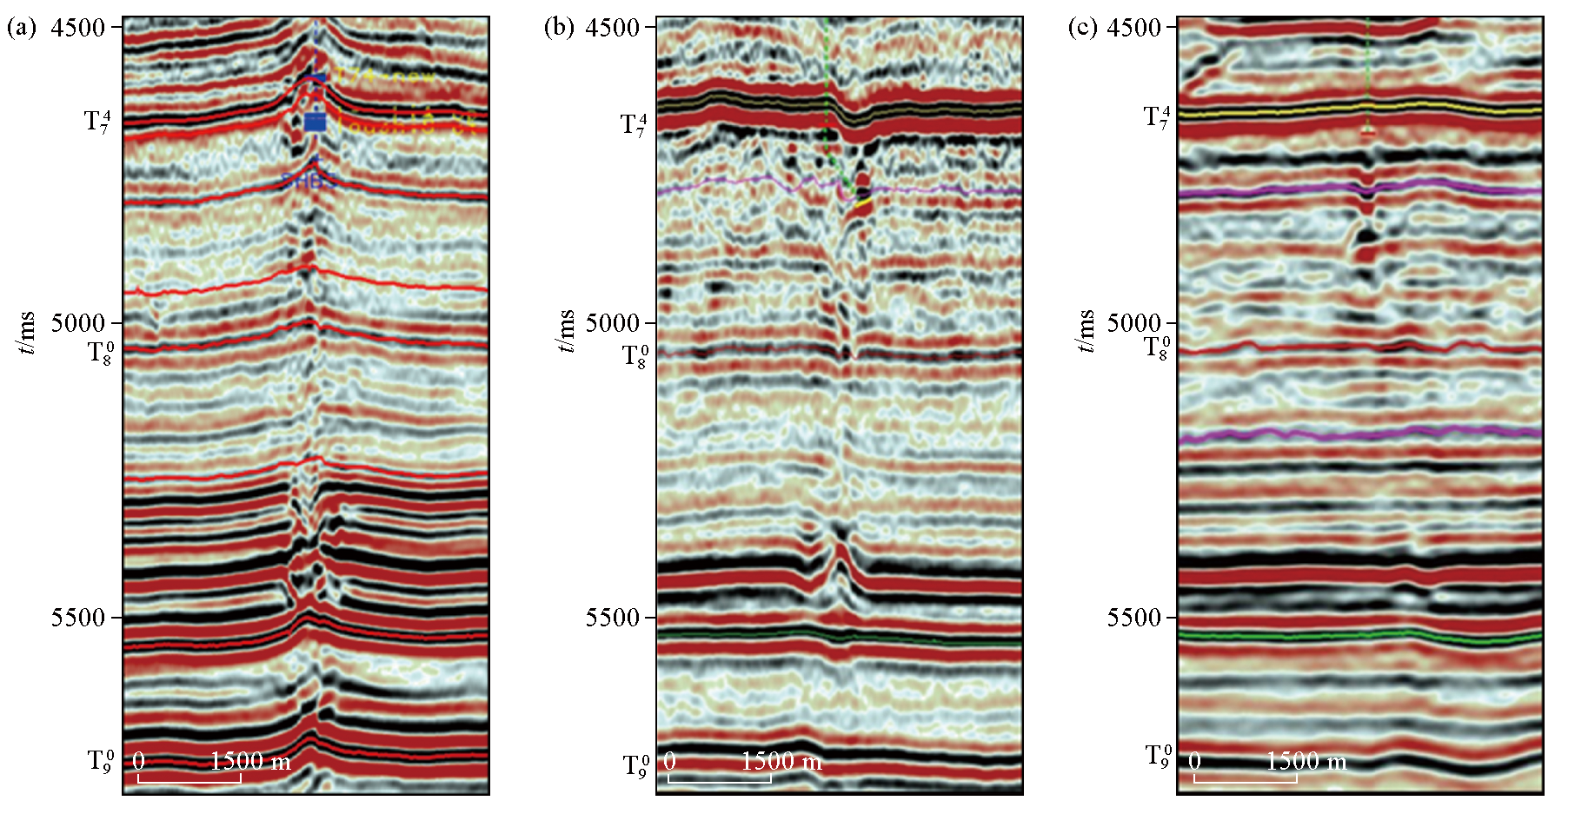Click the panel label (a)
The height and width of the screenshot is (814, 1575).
coord(22,28)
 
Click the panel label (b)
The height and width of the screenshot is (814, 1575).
coord(559,28)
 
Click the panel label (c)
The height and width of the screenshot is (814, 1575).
coord(1083,28)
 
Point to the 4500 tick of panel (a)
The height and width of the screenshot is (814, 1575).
coord(77,28)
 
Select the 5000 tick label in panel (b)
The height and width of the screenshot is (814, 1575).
coord(613,323)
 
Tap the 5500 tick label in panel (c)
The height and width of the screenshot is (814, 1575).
coord(1134,618)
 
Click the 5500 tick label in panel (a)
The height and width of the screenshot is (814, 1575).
coord(77,618)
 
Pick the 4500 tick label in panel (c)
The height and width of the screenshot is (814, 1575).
coord(1134,28)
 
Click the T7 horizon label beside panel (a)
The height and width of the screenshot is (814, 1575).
coord(97,122)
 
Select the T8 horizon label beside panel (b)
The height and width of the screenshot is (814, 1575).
coord(635,355)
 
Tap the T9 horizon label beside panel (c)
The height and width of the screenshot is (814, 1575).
coord(1158,756)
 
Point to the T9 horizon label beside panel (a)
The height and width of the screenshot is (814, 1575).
coord(100,761)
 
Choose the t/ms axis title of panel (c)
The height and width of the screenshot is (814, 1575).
coord(1086,332)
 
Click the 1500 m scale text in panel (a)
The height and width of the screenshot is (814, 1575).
coord(250,762)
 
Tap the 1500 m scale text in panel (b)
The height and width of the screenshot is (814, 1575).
coord(781,762)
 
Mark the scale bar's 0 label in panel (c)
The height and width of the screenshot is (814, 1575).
coord(1195,762)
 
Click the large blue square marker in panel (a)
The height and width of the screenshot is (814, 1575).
coord(315,122)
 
